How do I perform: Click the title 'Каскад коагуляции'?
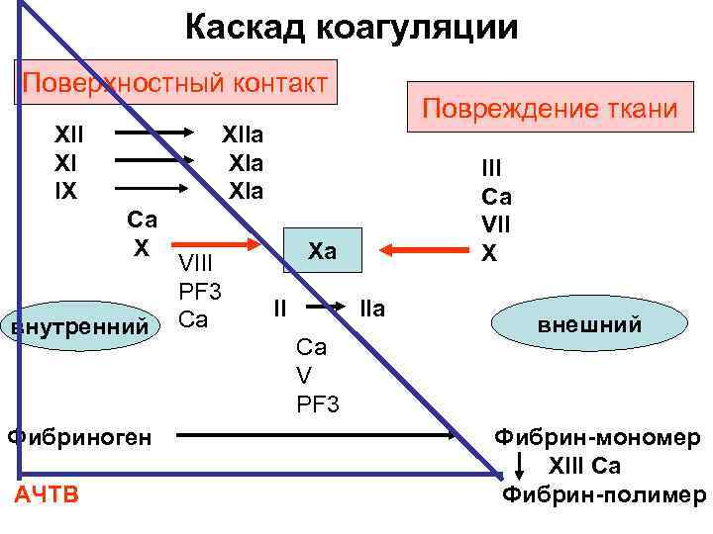[352, 27]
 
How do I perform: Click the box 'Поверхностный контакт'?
[175, 81]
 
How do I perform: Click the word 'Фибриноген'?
[79, 434]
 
